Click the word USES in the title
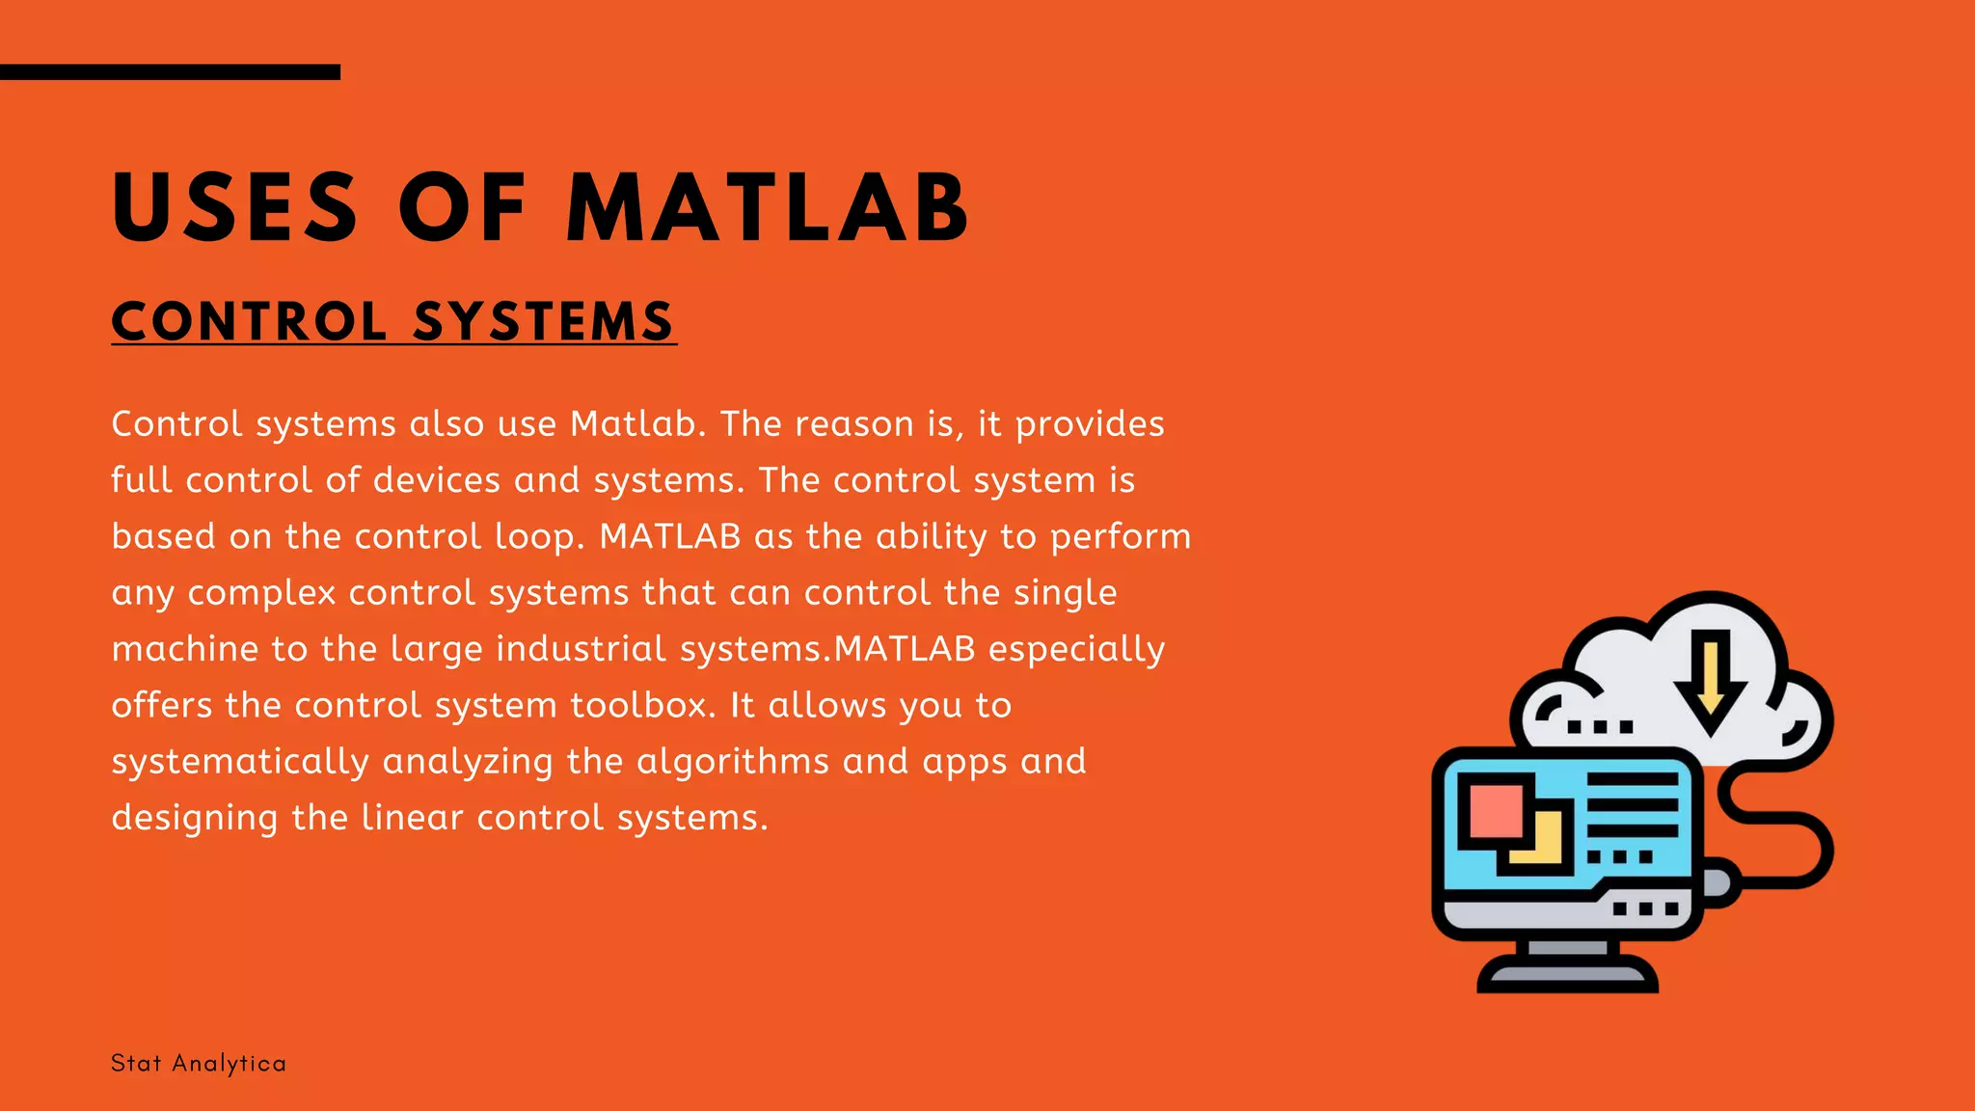pyautogui.click(x=235, y=207)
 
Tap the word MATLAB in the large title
pyautogui.click(x=768, y=207)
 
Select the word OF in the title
pyautogui.click(x=462, y=207)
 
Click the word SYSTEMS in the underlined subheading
pyautogui.click(x=544, y=321)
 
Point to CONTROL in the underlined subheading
pyautogui.click(x=250, y=321)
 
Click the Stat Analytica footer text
pyautogui.click(x=199, y=1063)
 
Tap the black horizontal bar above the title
pyautogui.click(x=170, y=72)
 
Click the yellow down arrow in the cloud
pyautogui.click(x=1710, y=680)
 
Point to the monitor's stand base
pyautogui.click(x=1568, y=977)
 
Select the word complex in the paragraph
pyautogui.click(x=261, y=593)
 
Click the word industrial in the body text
pyautogui.click(x=581, y=649)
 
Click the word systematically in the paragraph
pyautogui.click(x=240, y=762)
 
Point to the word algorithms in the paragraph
pyautogui.click(x=733, y=762)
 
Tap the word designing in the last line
pyautogui.click(x=195, y=819)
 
